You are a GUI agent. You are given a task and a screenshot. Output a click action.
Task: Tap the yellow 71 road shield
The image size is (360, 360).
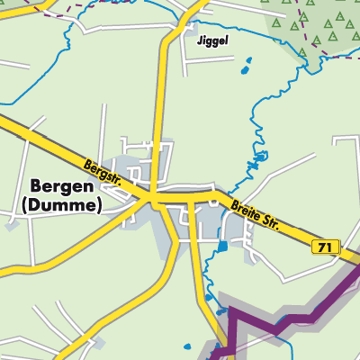pyautogui.click(x=326, y=247)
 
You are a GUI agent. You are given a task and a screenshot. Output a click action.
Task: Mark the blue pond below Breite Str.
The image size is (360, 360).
pyautogui.click(x=222, y=245)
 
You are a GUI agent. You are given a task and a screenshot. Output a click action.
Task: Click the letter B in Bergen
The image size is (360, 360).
pyautogui.click(x=36, y=186)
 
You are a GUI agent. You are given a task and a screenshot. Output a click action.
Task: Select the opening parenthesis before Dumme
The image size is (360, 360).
pyautogui.click(x=22, y=205)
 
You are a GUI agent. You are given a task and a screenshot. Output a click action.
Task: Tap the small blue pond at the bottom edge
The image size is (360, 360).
pyautogui.click(x=188, y=346)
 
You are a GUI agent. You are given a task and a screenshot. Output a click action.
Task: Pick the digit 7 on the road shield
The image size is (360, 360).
pyautogui.click(x=322, y=247)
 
